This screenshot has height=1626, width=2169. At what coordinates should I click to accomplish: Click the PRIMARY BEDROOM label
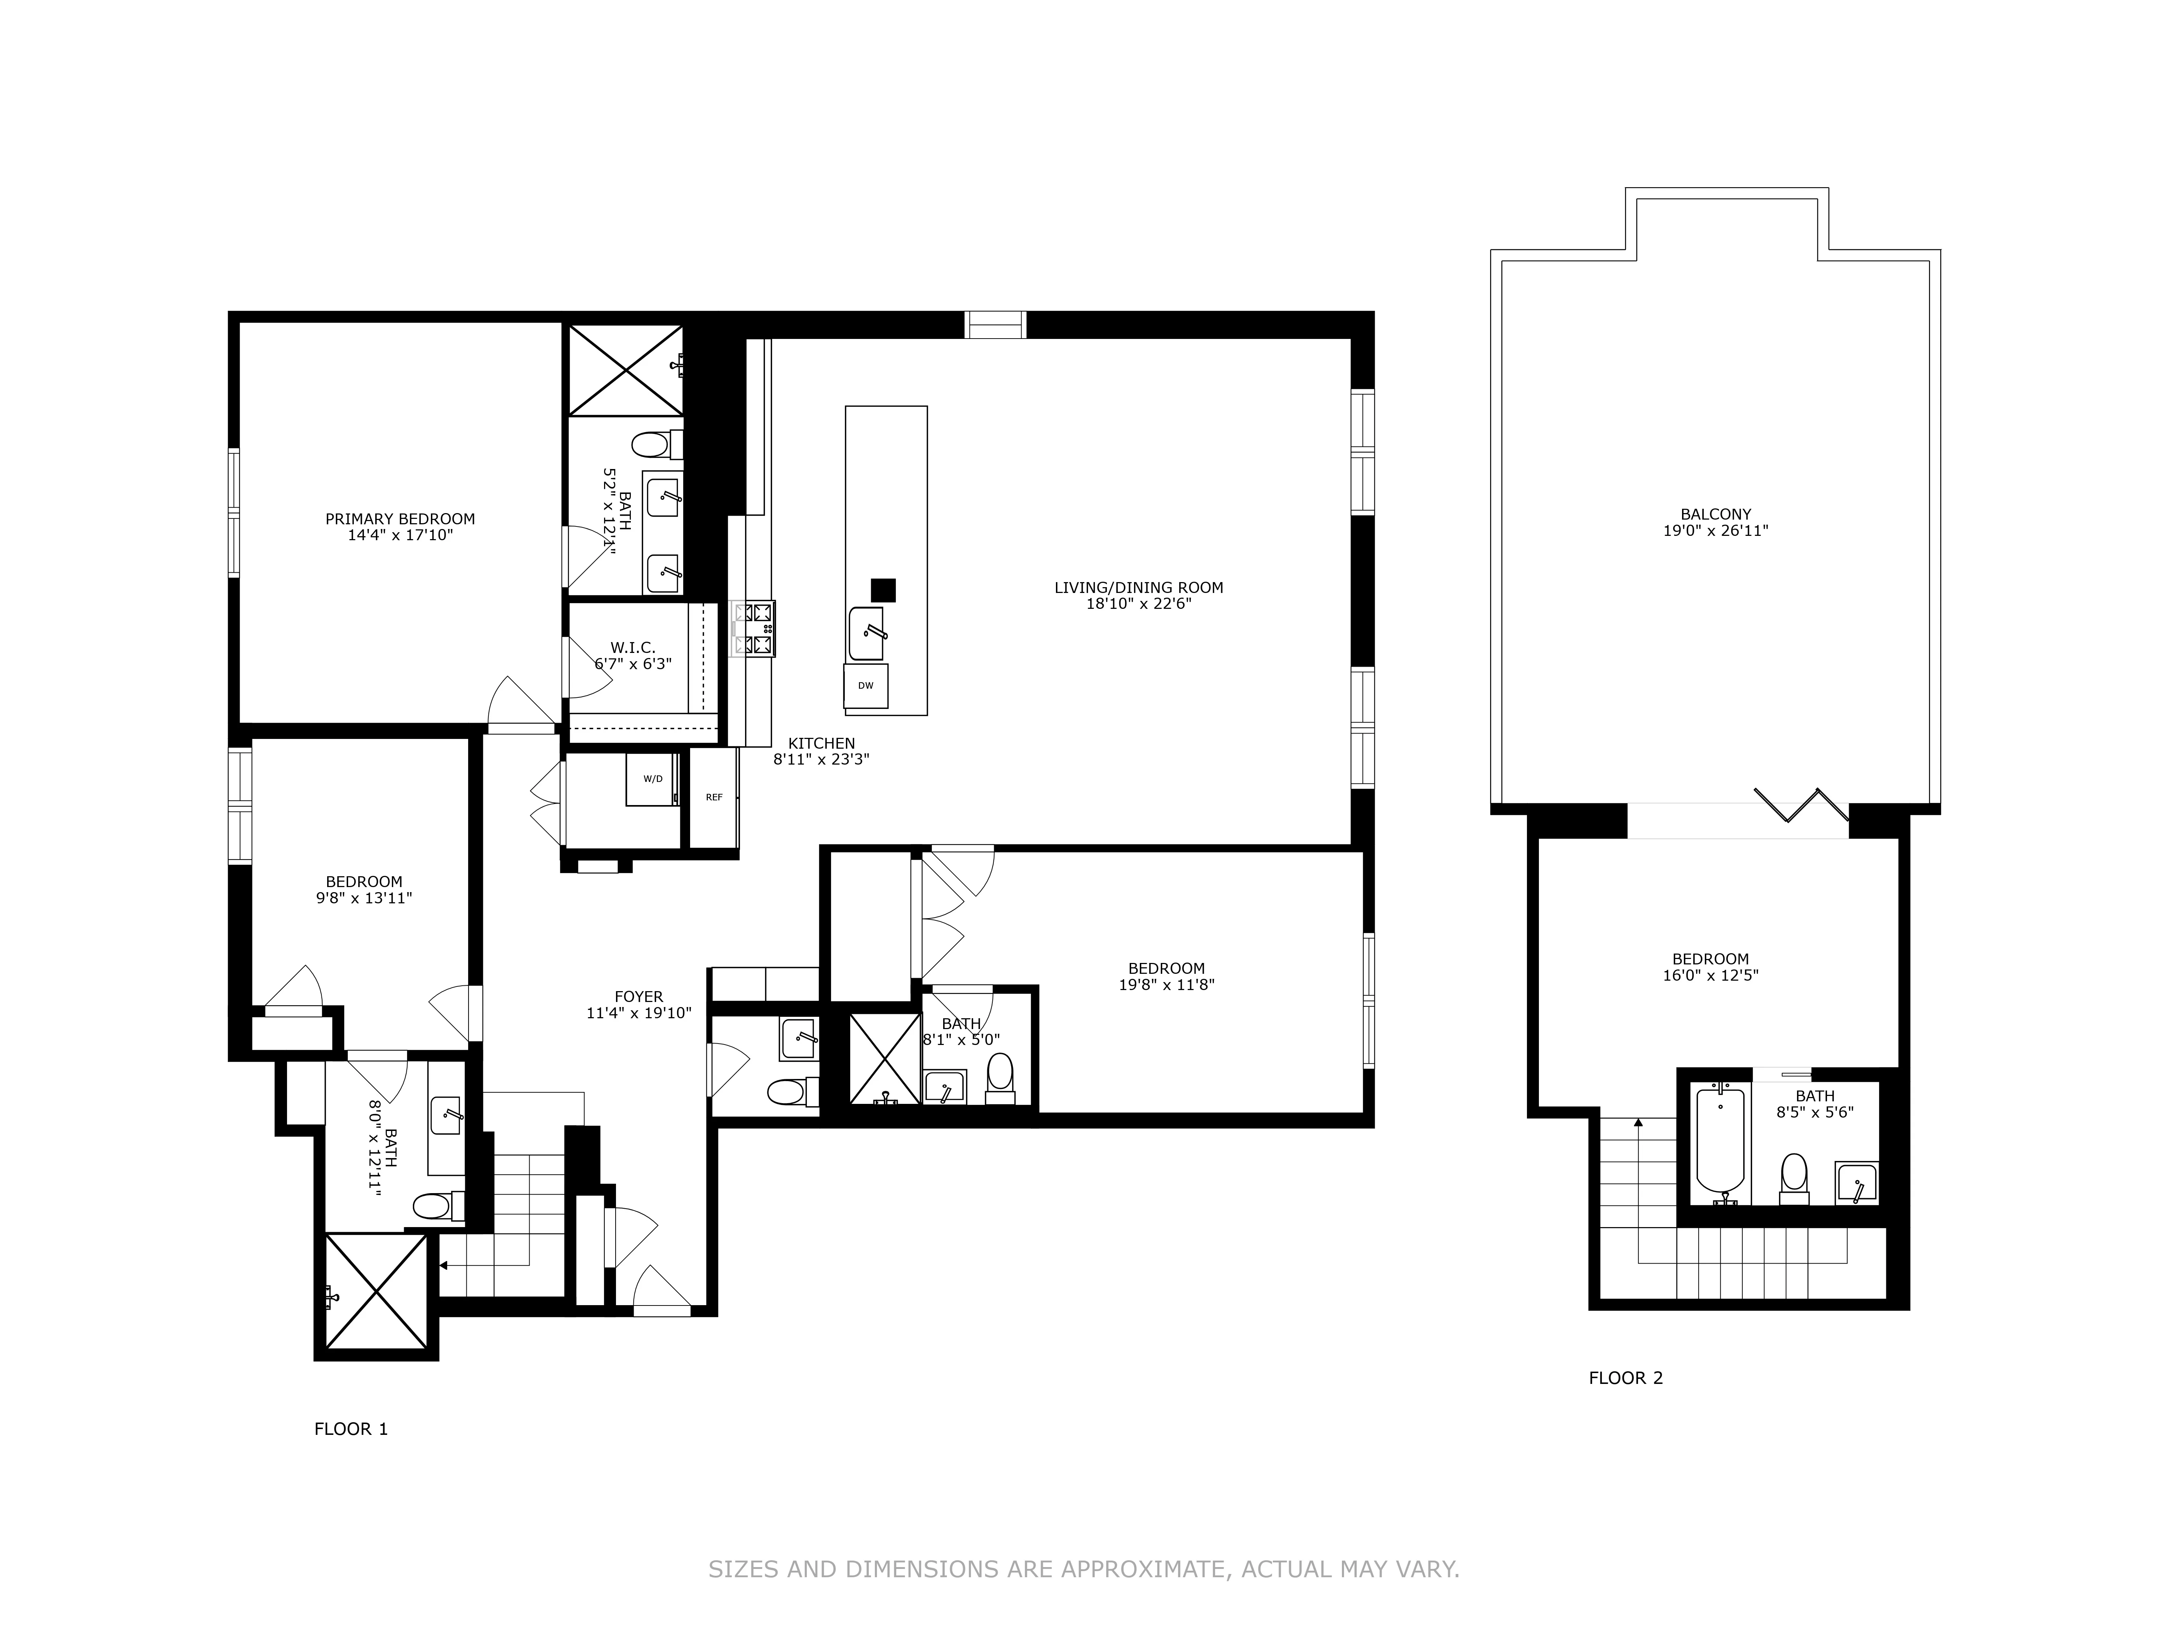point(400,519)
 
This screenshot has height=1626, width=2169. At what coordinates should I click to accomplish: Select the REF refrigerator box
point(714,797)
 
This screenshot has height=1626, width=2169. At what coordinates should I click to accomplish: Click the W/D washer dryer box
point(652,778)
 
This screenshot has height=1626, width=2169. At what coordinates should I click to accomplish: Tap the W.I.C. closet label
point(633,647)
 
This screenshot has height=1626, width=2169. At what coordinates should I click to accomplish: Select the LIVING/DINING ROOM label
point(1138,587)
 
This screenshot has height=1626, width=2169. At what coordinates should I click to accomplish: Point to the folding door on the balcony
point(1801,804)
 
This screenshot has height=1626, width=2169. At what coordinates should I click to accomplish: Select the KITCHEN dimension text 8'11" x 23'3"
point(821,758)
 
